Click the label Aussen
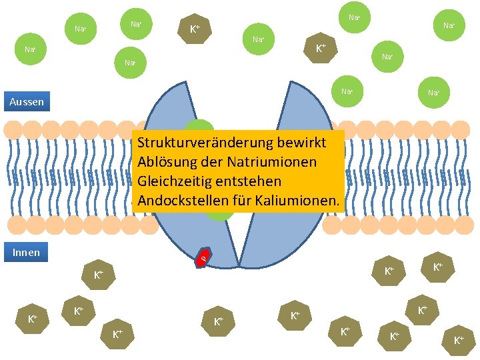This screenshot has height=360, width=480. tap(27, 102)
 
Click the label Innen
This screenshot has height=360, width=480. tap(27, 252)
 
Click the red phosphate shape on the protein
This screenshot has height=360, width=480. tap(205, 257)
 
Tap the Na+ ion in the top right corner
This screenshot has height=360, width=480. tap(448, 26)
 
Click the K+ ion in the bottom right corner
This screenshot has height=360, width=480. tap(459, 341)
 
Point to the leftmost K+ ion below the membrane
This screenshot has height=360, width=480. tap(33, 319)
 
